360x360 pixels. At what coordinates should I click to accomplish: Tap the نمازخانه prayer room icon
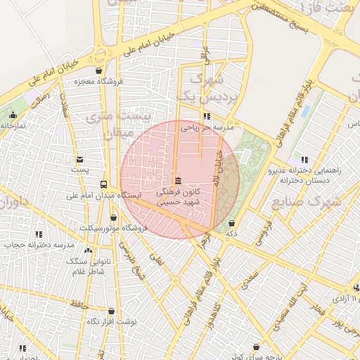click(13, 115)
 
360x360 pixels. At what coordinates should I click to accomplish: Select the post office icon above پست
click(79, 160)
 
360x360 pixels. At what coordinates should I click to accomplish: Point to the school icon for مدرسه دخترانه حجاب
click(39, 234)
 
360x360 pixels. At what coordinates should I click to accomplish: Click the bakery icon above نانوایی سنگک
click(87, 250)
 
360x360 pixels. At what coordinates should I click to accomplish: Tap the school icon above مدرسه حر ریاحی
click(206, 117)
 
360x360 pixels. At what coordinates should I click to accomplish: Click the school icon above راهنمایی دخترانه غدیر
click(304, 160)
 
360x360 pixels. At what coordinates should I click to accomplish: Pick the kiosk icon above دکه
click(231, 223)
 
